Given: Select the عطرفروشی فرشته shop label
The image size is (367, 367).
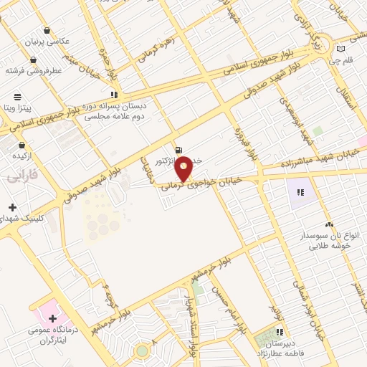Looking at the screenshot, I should [x=35, y=71].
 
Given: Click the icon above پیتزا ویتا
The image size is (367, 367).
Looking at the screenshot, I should [x=17, y=96].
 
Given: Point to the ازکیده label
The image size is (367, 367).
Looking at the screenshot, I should [x=27, y=155].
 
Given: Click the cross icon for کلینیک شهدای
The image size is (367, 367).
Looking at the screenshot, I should [x=13, y=207].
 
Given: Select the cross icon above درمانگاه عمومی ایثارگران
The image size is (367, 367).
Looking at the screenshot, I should [x=52, y=317].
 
